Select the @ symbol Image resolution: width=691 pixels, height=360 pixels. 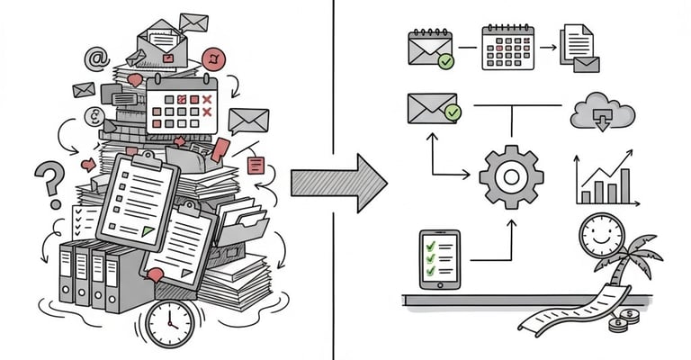click(95, 59)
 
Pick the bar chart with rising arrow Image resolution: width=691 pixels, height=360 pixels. click(603, 179)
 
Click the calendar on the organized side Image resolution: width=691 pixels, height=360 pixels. click(508, 47)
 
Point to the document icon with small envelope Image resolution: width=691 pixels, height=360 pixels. click(579, 48)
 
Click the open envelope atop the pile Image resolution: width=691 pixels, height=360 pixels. click(162, 44)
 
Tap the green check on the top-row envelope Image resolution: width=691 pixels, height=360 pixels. click(445, 61)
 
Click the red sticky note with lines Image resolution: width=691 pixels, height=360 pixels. click(256, 166)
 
